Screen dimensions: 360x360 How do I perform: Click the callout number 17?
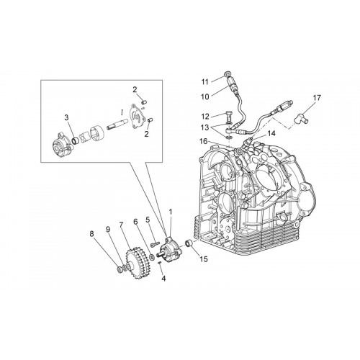point(317,98)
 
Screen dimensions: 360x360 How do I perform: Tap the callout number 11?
point(204,82)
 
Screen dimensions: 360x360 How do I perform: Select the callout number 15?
point(204,259)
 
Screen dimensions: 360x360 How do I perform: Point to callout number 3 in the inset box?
point(66,117)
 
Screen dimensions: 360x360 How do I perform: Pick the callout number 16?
point(203,141)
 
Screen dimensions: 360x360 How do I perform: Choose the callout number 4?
point(163,279)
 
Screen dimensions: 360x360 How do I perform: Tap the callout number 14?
point(271,133)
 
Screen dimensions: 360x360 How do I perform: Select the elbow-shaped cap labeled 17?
point(302,119)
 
